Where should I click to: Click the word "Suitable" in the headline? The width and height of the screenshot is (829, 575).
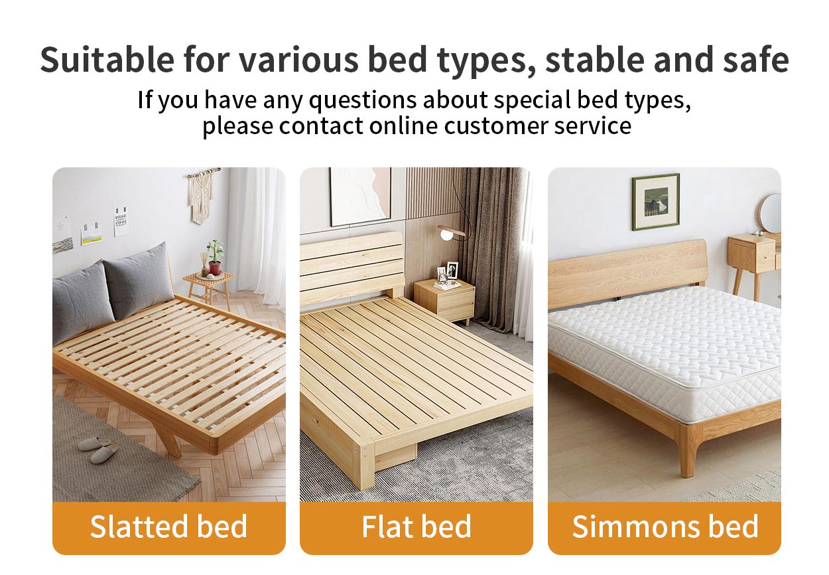107,60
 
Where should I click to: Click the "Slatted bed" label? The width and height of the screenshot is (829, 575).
168,527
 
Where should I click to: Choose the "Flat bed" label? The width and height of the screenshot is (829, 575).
416,527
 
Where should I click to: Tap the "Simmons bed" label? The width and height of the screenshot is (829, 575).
665,527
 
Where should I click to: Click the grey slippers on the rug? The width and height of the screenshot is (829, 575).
98,449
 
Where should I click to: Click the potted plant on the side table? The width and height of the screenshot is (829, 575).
214,256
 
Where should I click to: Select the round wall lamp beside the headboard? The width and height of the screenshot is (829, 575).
447,234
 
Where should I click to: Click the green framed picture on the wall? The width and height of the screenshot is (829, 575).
655,202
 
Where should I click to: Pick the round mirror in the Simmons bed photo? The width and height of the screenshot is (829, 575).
771,213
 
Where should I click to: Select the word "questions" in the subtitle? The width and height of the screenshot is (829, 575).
362,100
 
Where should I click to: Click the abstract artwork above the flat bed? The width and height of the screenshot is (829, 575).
359,197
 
